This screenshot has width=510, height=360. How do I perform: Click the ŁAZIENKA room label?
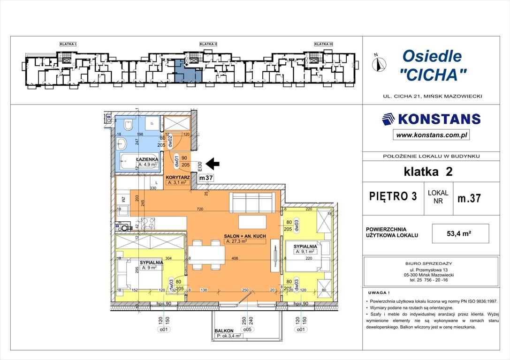click(x=147, y=159)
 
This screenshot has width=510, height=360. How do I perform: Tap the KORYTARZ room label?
click(x=178, y=177)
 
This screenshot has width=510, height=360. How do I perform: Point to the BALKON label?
click(x=224, y=330)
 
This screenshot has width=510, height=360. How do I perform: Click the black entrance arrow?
click(x=213, y=164)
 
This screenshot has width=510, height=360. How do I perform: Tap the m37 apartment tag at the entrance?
click(x=206, y=178)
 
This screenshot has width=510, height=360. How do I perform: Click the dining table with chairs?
click(x=207, y=255)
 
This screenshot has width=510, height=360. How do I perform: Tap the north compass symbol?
click(x=379, y=63)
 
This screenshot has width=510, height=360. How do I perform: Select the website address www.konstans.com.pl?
click(x=431, y=135)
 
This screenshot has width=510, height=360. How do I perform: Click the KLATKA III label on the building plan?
click(x=323, y=44)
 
